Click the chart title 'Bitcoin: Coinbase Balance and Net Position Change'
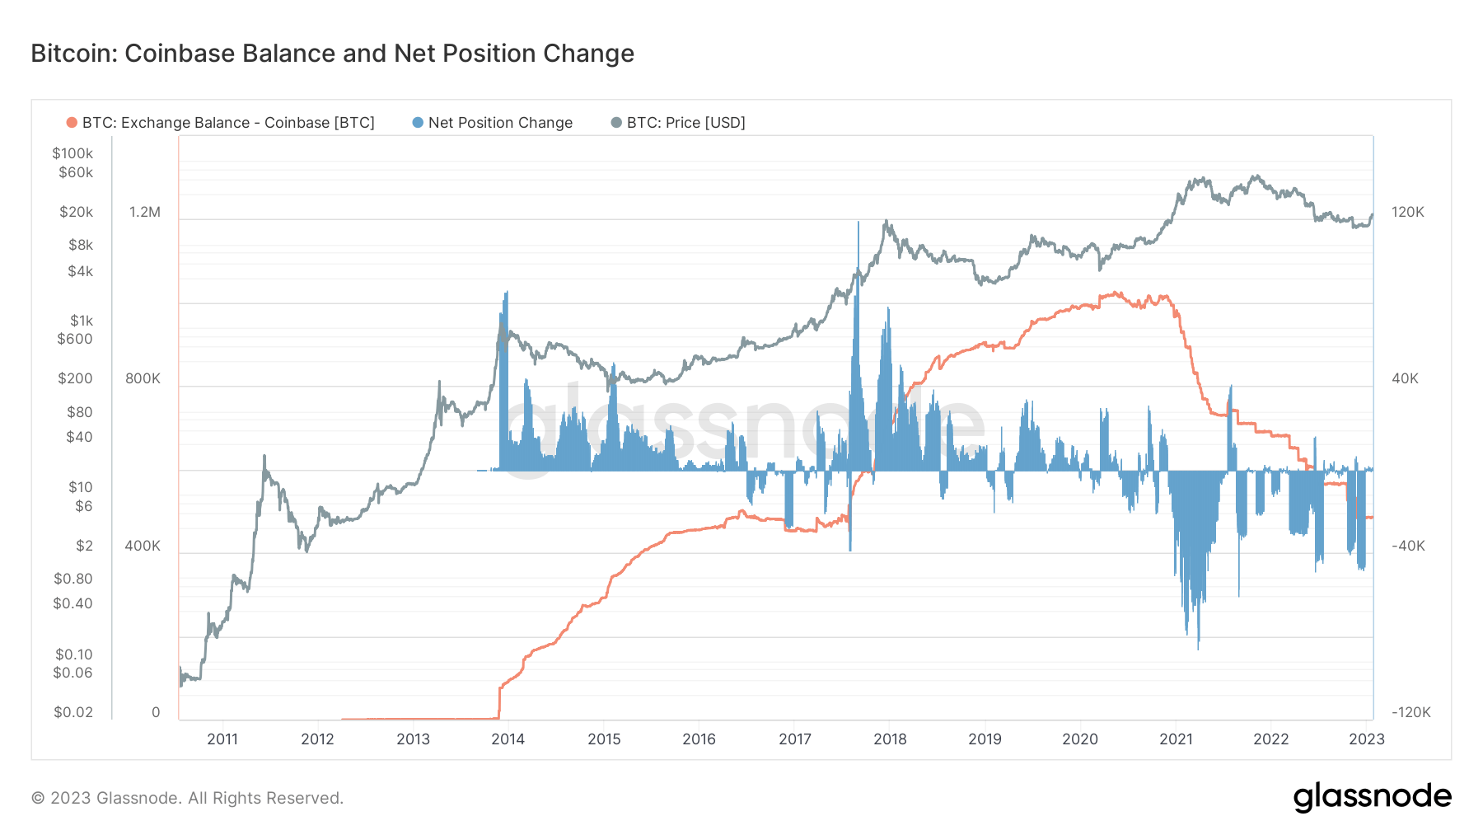[x=332, y=54]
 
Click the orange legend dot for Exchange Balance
[x=72, y=123]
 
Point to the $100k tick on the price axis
[x=73, y=153]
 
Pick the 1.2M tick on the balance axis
[x=145, y=212]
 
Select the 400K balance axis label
[x=143, y=546]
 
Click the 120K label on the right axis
[x=1407, y=212]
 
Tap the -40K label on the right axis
[x=1408, y=546]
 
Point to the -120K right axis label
[x=1410, y=712]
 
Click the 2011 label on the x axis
[x=222, y=739]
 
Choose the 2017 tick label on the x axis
[x=794, y=739]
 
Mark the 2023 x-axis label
[x=1366, y=739]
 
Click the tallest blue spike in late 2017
[x=858, y=227]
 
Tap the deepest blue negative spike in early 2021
[x=1198, y=643]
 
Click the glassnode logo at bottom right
[x=1372, y=797]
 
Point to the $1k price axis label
[x=81, y=321]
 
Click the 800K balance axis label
[x=143, y=378]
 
